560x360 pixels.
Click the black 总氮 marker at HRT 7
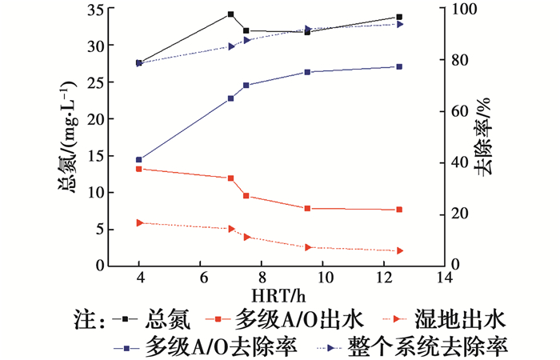coord(231,14)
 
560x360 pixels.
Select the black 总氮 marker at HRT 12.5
coord(399,17)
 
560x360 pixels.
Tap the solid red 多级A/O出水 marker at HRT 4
coord(139,169)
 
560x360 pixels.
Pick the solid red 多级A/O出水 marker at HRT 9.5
coord(307,208)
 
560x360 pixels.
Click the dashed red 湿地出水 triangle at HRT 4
coord(139,222)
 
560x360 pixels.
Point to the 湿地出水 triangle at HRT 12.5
coord(399,250)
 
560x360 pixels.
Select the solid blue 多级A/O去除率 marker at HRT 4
coord(139,160)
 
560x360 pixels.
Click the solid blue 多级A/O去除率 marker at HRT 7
coord(231,98)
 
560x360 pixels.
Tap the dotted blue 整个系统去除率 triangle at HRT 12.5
coord(399,24)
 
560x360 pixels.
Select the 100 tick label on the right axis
coord(464,10)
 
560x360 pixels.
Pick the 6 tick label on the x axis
coord(202,278)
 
